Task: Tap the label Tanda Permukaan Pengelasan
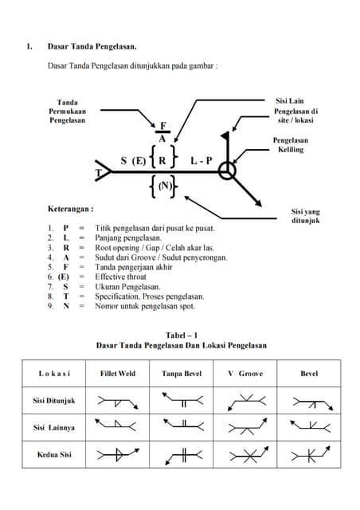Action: [x=68, y=112]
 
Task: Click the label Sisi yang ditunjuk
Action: [x=305, y=216]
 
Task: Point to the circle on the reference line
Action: [x=228, y=171]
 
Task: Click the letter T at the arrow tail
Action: [x=99, y=173]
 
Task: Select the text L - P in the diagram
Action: [x=202, y=160]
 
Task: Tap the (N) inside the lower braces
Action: [x=164, y=186]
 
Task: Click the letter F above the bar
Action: [x=163, y=126]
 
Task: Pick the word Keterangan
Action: [x=71, y=208]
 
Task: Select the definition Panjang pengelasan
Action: [x=127, y=237]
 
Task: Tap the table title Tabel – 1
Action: [x=181, y=335]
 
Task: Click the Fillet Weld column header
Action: [x=118, y=373]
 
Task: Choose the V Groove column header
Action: [x=245, y=373]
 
